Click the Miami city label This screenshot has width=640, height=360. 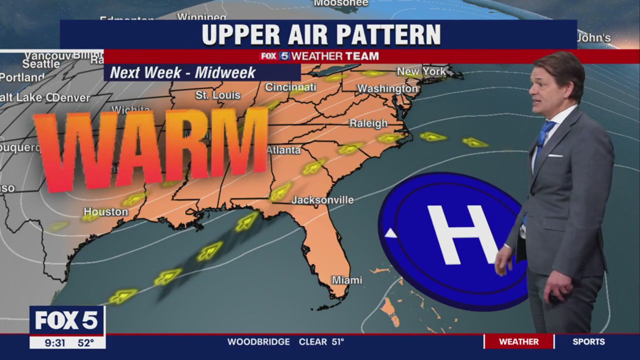click(x=347, y=280)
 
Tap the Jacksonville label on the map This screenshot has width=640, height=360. click(x=322, y=200)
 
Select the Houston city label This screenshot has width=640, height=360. click(x=105, y=212)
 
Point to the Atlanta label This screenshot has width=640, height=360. click(x=283, y=150)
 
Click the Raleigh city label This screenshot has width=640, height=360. click(x=368, y=123)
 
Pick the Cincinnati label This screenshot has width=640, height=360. click(x=290, y=87)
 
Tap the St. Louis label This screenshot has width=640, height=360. click(x=217, y=95)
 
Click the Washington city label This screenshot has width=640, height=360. click(x=387, y=89)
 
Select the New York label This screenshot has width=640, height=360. click(x=421, y=72)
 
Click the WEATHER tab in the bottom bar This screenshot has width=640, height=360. click(x=519, y=342)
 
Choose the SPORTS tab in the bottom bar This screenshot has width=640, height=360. click(x=588, y=342)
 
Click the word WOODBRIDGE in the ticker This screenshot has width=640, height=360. click(x=258, y=342)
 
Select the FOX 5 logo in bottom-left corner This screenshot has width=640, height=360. click(x=67, y=320)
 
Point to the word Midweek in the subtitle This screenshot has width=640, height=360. click(x=225, y=73)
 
